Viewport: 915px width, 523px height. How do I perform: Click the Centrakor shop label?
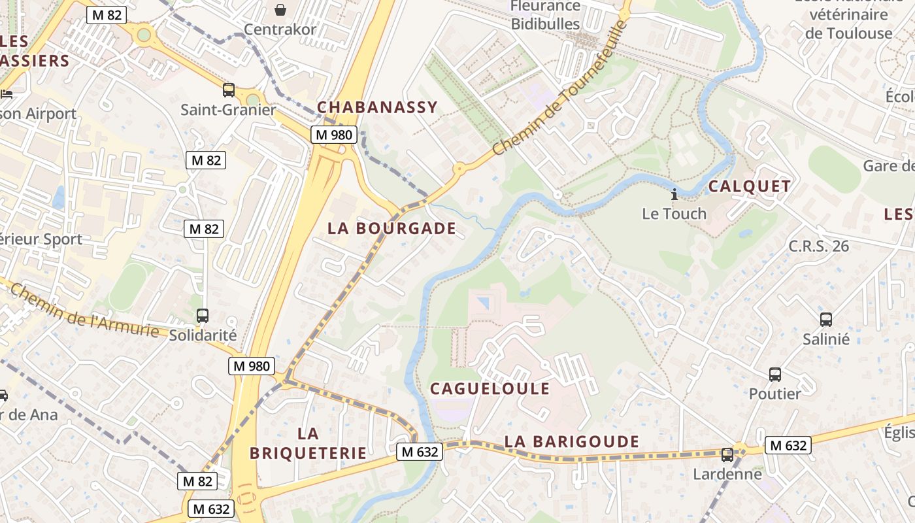(x=280, y=29)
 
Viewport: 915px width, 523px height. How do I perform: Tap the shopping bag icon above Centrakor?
(x=280, y=9)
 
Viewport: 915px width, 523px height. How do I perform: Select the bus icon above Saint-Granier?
(x=229, y=90)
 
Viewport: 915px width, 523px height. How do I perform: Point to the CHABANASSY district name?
(x=377, y=107)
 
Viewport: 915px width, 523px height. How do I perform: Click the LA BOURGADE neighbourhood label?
(x=391, y=228)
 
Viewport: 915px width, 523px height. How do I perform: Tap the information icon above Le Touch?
(x=674, y=194)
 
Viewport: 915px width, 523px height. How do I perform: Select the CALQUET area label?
(x=750, y=186)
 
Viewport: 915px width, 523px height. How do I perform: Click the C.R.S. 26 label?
(x=819, y=246)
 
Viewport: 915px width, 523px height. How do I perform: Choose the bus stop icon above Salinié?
(x=826, y=320)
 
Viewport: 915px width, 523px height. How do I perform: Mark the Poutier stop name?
(x=774, y=394)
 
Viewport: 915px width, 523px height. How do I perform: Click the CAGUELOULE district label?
(x=490, y=389)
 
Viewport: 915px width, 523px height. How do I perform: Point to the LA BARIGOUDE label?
(x=572, y=442)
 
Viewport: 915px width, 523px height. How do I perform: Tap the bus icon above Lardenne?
(x=727, y=455)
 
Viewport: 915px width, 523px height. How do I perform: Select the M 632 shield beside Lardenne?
(x=788, y=446)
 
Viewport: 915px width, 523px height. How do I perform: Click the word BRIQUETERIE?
(x=308, y=453)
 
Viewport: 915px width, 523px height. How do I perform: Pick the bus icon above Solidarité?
(x=203, y=316)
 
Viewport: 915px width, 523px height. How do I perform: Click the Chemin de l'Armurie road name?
(x=85, y=311)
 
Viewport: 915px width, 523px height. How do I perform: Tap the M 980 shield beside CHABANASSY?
(x=333, y=135)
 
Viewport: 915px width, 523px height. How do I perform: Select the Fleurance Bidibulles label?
(x=545, y=15)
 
